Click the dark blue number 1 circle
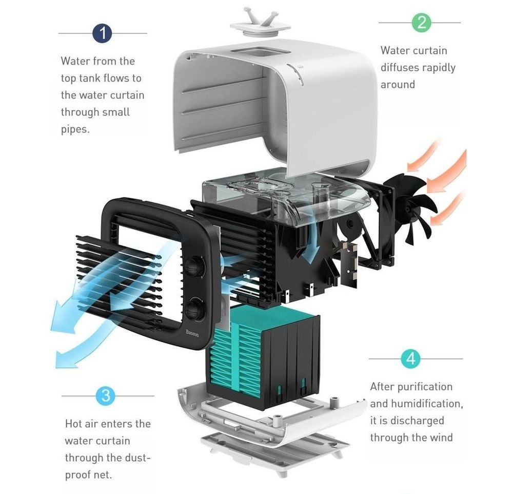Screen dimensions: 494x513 click(x=104, y=34)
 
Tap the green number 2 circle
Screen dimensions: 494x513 click(x=421, y=23)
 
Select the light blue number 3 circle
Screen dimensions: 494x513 click(x=105, y=395)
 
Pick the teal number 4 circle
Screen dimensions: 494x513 click(x=410, y=358)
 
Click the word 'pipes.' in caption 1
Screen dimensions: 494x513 click(x=75, y=129)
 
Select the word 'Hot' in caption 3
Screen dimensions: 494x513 click(x=74, y=424)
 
